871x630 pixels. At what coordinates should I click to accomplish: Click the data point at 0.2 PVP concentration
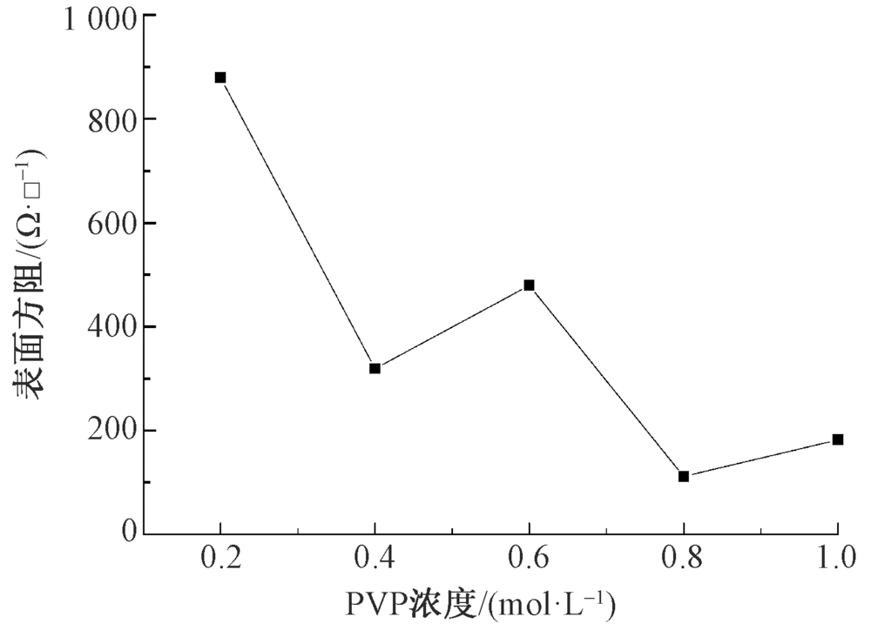tap(220, 77)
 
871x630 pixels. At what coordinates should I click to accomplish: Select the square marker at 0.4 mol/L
tap(375, 368)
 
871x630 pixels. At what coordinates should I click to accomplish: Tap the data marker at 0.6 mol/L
tap(529, 285)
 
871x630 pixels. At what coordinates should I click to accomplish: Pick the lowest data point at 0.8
tap(684, 476)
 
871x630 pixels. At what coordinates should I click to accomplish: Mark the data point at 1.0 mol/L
tap(838, 439)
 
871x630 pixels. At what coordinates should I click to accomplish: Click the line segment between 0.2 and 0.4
tap(297, 223)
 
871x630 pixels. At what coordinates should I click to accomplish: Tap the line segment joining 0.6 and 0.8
tap(606, 381)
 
